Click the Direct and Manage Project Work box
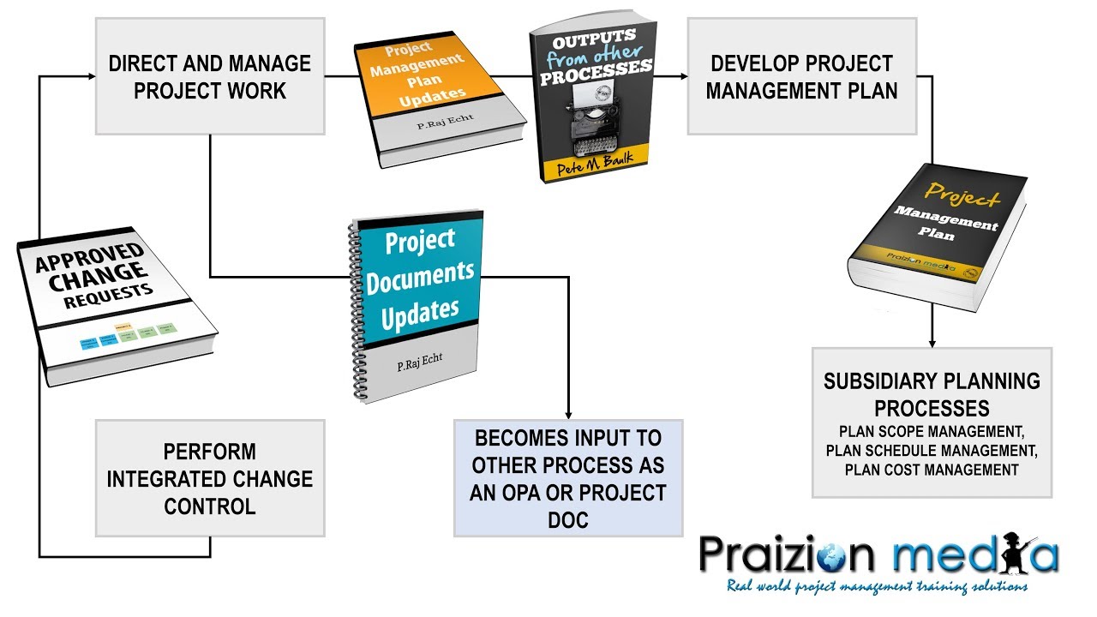(210, 76)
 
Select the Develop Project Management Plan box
(801, 76)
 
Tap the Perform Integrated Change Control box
(210, 478)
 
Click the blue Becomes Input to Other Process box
(568, 478)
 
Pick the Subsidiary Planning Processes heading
(932, 393)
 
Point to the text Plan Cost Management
(932, 470)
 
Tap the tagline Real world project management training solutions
(876, 587)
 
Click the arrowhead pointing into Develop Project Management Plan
(682, 76)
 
